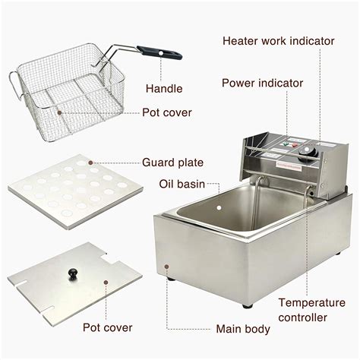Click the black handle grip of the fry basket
tap(159, 52)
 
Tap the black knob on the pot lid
tap(73, 274)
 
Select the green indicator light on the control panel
tap(286, 144)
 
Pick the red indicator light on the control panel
tap(295, 145)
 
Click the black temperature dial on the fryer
tap(308, 153)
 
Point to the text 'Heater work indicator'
tap(279, 41)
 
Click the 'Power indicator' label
tap(262, 83)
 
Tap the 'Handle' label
tap(164, 89)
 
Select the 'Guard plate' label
tap(172, 163)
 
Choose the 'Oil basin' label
tap(182, 184)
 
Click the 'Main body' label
tap(243, 329)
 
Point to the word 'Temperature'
tap(312, 303)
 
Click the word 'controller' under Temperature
tap(302, 317)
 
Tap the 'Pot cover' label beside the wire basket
tap(167, 112)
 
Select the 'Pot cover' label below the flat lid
tap(108, 327)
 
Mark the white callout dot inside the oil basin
tap(219, 208)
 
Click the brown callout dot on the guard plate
tap(91, 163)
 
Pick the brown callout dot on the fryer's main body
tap(166, 267)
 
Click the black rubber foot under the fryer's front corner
tap(247, 306)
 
